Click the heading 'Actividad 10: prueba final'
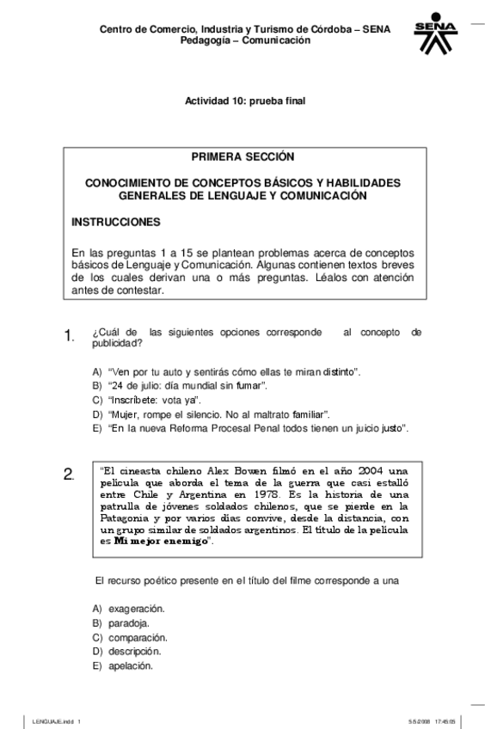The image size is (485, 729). [245, 101]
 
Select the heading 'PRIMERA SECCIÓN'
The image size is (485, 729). [242, 156]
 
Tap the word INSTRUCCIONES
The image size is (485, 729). [116, 222]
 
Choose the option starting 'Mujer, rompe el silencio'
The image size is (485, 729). [213, 414]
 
